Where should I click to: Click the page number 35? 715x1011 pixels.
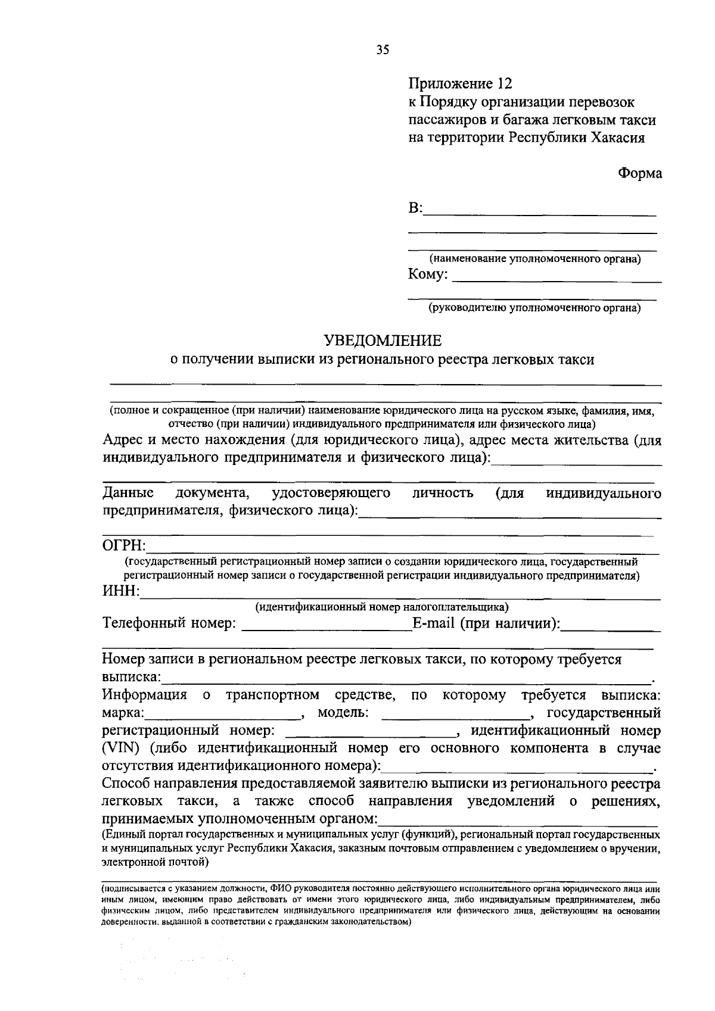383,50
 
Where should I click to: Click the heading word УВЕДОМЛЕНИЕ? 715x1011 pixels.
383,341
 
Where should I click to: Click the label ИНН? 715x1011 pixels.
121,591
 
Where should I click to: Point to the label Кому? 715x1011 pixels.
428,274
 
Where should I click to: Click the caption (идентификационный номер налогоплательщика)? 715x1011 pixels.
382,607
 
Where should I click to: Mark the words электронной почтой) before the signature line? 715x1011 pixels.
154,861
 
